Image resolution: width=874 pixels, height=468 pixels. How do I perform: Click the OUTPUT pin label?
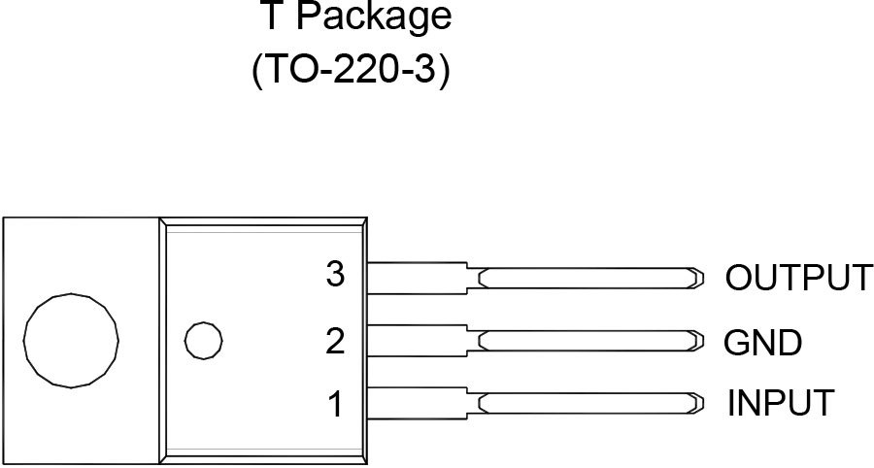pos(798,278)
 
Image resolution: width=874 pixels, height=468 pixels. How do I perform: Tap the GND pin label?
pos(762,342)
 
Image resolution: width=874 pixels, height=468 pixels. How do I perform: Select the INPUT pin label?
pos(781,403)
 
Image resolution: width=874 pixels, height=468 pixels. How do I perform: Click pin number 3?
pos(335,274)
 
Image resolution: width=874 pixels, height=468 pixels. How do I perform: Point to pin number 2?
pos(335,341)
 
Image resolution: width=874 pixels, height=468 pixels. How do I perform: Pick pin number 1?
pos(335,404)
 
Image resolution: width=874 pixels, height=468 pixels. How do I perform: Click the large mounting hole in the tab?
pos(71,341)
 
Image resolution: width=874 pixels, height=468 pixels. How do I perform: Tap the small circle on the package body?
pos(204,341)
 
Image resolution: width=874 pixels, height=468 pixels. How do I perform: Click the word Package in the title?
pos(373,17)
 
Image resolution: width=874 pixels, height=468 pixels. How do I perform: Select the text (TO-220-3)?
pos(351,70)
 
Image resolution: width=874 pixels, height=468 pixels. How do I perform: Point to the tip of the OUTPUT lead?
pos(703,278)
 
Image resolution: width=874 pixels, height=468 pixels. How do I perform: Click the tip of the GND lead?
pos(703,341)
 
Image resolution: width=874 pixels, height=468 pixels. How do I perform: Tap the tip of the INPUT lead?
pos(703,404)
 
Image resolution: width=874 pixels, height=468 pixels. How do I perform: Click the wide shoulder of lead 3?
pos(417,278)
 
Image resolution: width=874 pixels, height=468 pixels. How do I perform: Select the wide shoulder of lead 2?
pos(417,341)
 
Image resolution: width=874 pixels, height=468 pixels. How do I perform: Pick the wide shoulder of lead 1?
pos(417,404)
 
